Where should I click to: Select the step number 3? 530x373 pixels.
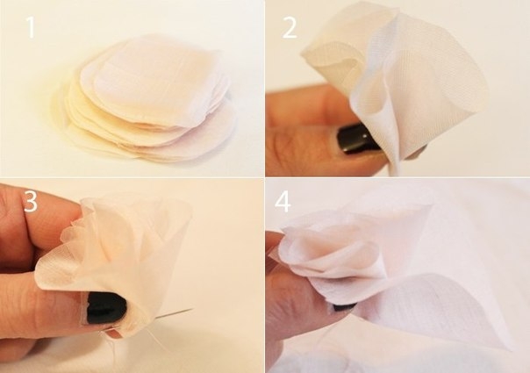pyautogui.click(x=31, y=201)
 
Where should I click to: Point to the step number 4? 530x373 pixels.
pyautogui.click(x=283, y=202)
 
